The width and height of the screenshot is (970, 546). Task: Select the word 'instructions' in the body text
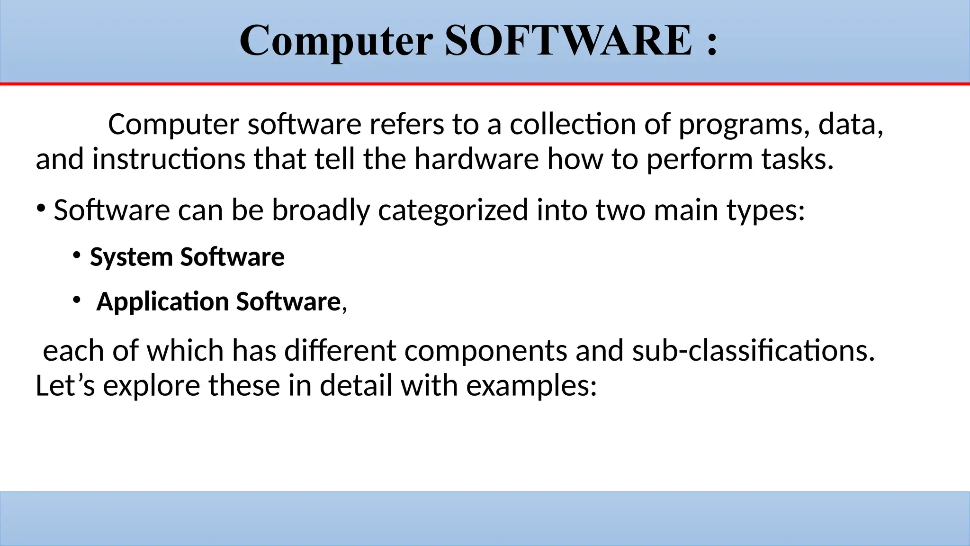click(x=169, y=159)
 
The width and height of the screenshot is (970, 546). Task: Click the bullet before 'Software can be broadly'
click(x=41, y=209)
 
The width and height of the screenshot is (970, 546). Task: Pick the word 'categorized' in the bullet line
click(x=453, y=210)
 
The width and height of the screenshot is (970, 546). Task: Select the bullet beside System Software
click(x=76, y=256)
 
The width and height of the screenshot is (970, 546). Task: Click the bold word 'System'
click(x=131, y=257)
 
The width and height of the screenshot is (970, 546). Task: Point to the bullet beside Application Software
click(x=76, y=300)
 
